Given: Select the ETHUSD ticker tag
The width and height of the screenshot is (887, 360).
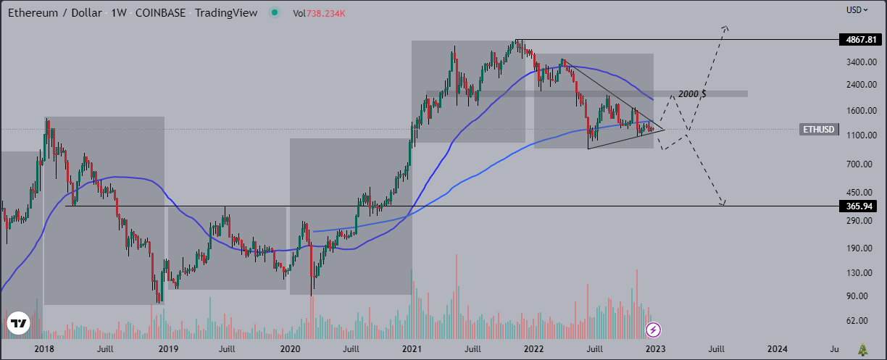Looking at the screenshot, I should click(x=819, y=130).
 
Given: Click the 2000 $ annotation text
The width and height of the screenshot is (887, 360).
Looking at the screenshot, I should click(x=692, y=94).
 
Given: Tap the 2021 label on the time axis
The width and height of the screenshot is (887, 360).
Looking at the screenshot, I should click(x=412, y=349).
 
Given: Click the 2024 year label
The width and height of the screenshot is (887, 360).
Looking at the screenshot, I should click(x=778, y=349).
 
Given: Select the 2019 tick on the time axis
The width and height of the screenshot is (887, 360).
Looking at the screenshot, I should click(x=168, y=349).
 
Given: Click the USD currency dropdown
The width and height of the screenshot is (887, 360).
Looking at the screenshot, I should click(x=857, y=10).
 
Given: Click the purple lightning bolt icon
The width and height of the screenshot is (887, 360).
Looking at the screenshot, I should click(x=654, y=330).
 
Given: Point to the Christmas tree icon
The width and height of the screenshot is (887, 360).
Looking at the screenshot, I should click(x=862, y=350).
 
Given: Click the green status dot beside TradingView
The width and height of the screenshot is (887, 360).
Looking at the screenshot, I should click(x=273, y=12).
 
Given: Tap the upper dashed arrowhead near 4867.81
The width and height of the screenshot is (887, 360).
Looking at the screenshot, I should click(x=725, y=28).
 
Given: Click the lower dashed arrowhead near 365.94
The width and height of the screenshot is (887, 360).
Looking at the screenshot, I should click(x=722, y=203).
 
